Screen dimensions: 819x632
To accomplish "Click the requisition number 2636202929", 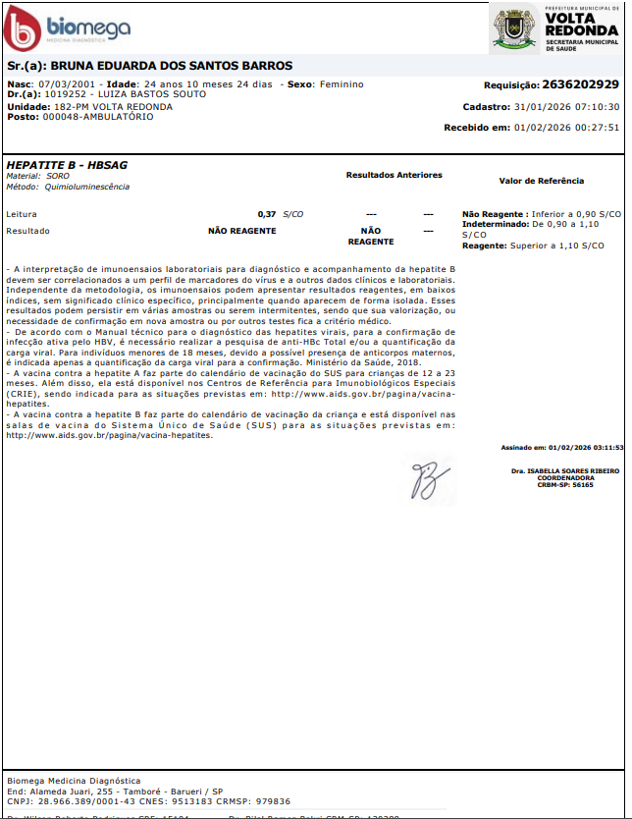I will [580, 85].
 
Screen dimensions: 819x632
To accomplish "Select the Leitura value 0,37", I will [266, 213].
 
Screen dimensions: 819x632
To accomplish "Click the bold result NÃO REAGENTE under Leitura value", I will [241, 232].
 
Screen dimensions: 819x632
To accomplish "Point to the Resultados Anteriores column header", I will [394, 175].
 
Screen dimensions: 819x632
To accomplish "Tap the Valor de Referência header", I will [541, 181].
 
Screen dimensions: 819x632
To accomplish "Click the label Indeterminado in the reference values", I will [495, 224].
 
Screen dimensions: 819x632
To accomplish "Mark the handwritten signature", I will [429, 477].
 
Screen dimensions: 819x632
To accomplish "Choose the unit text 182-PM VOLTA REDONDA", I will [113, 106].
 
